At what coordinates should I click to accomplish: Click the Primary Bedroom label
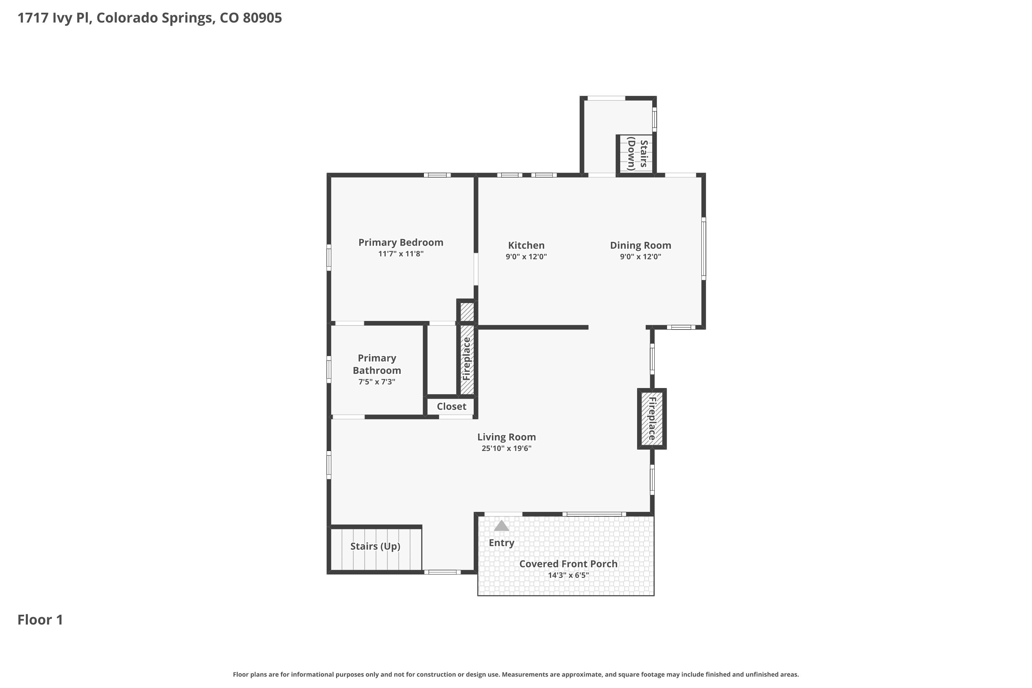click(401, 242)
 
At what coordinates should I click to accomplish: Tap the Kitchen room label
click(526, 245)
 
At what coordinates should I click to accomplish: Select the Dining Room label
click(640, 246)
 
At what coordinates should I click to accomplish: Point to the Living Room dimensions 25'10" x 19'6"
click(506, 448)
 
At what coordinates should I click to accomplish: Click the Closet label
click(451, 406)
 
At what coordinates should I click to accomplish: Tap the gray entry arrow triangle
click(501, 526)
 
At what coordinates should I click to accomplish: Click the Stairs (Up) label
click(375, 546)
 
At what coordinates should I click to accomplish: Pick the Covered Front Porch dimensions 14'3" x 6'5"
click(568, 575)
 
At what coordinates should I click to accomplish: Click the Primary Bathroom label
click(377, 364)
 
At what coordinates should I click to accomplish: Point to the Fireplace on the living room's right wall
click(652, 419)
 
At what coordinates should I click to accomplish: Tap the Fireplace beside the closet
click(467, 359)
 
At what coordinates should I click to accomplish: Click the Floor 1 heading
click(40, 620)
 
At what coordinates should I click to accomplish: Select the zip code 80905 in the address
click(262, 18)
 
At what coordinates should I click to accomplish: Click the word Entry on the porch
click(502, 543)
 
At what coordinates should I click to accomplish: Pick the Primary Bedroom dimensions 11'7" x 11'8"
click(401, 254)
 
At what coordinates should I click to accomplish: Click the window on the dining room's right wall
click(703, 249)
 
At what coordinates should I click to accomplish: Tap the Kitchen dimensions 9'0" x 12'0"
click(526, 257)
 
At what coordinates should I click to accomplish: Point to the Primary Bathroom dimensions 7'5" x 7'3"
click(377, 382)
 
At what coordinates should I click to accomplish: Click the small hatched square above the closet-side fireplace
click(467, 312)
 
